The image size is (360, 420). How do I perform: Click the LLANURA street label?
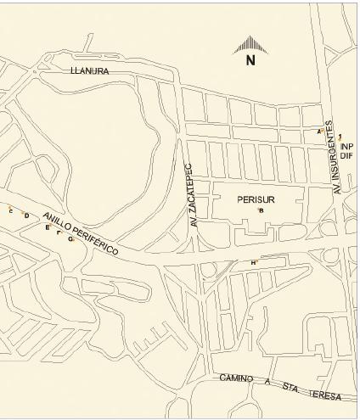coord(90,72)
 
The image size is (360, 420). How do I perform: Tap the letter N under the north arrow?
coord(250,60)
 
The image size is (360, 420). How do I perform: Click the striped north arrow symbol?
coord(250,43)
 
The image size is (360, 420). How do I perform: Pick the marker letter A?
coord(319,132)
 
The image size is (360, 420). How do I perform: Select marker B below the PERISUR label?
coord(261,210)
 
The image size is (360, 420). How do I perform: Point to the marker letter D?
coord(26,216)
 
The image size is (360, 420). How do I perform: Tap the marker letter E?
coord(47,227)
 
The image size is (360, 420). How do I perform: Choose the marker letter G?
coord(70,239)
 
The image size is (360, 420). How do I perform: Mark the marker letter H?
coord(253,263)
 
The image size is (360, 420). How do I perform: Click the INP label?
coord(346,147)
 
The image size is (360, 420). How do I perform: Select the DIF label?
coord(346,157)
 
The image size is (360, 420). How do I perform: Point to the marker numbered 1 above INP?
coord(340,136)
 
